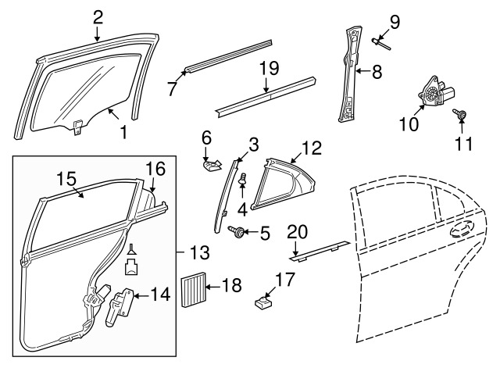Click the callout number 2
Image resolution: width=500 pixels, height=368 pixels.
[97, 15]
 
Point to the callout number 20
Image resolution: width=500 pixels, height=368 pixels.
[298, 230]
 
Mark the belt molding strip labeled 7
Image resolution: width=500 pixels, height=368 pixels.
[227, 55]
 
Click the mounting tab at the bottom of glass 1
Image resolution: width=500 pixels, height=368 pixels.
[78, 127]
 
